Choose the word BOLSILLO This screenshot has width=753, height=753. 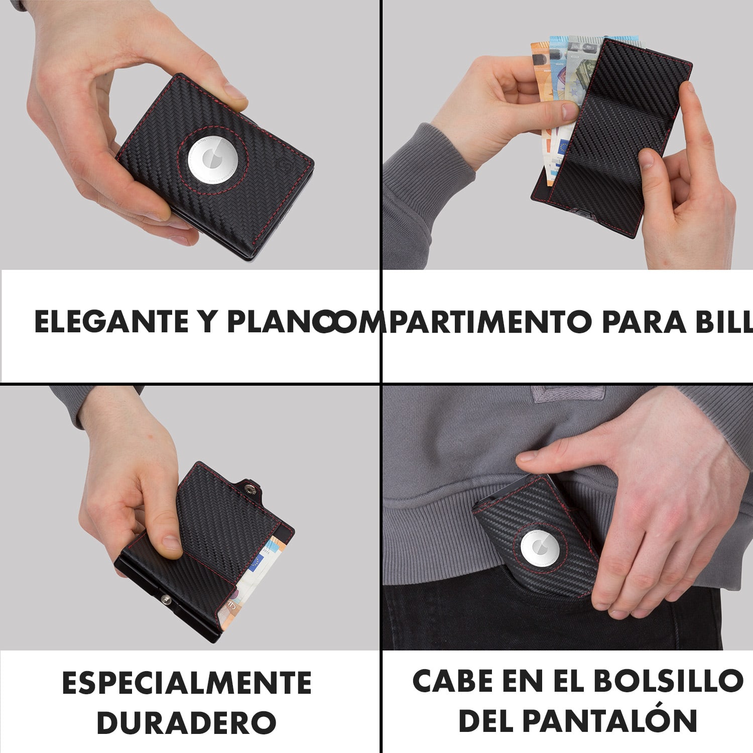click(x=668, y=681)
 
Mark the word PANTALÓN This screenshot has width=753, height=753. click(x=610, y=721)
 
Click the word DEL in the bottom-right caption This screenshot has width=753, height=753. click(x=486, y=721)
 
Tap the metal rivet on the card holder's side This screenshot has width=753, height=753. click(x=165, y=598)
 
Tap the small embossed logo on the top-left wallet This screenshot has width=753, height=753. click(x=281, y=164)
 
